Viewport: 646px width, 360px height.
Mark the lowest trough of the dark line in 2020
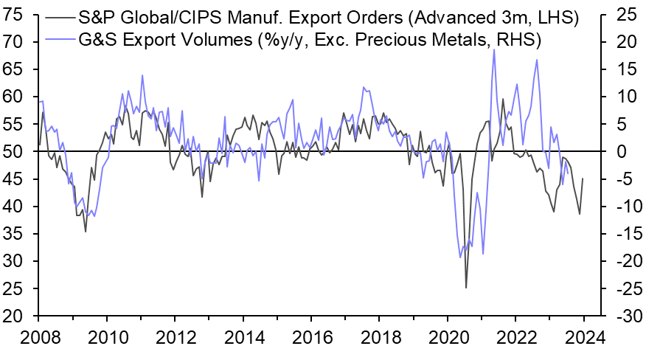click(466, 288)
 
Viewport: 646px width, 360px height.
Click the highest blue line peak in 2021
click(493, 49)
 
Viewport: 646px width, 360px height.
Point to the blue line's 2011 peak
click(142, 75)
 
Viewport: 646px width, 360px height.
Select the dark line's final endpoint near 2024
click(583, 178)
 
